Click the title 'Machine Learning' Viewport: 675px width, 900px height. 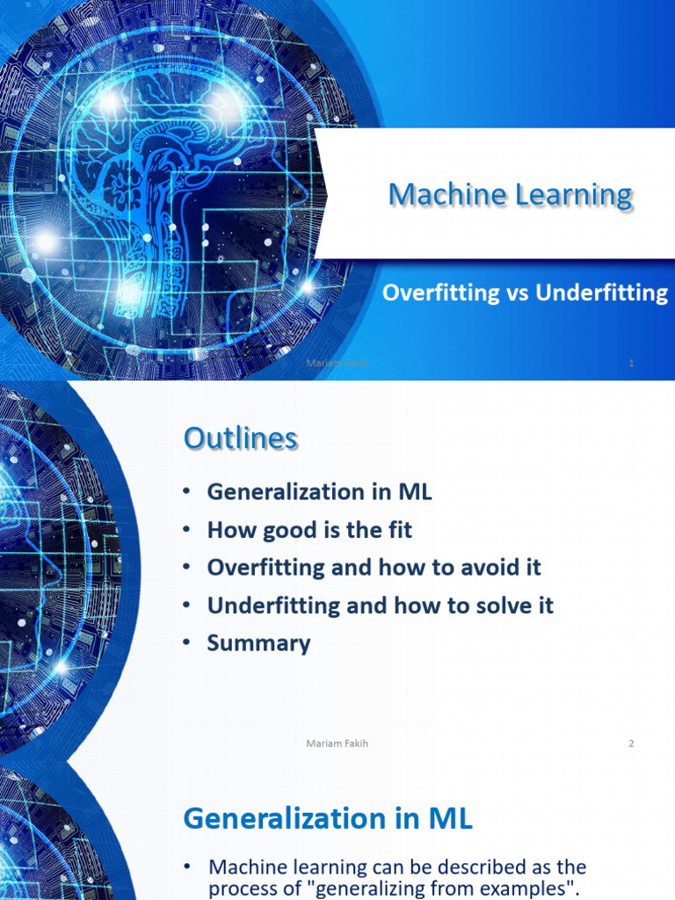(510, 195)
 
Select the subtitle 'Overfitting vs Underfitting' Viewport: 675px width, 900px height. (525, 294)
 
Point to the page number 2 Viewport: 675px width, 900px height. (631, 744)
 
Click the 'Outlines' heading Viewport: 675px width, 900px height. (240, 439)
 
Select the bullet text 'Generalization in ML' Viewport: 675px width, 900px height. (319, 492)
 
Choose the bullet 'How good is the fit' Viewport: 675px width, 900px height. (309, 530)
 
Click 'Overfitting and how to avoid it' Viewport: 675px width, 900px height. (374, 568)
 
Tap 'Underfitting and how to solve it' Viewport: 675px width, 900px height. (380, 606)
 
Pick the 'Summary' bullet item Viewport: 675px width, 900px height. (258, 643)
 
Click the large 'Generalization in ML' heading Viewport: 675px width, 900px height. (327, 819)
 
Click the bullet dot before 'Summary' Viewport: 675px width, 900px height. (187, 643)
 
